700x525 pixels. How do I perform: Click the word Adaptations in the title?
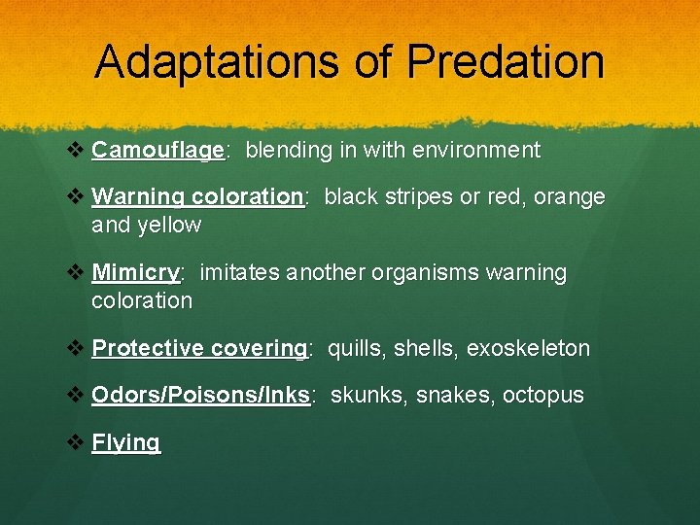pyautogui.click(x=217, y=61)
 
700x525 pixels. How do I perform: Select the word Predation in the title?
pyautogui.click(x=506, y=61)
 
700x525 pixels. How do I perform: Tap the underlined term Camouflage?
pyautogui.click(x=158, y=151)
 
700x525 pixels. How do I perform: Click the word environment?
pyautogui.click(x=476, y=151)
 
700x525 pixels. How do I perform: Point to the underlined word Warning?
pyautogui.click(x=138, y=197)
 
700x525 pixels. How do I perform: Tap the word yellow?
pyautogui.click(x=171, y=226)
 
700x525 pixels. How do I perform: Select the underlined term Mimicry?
pyautogui.click(x=136, y=274)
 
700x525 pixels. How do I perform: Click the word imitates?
pyautogui.click(x=239, y=274)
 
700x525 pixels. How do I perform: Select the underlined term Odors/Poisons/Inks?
pyautogui.click(x=200, y=396)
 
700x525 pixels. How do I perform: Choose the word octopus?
pyautogui.click(x=542, y=396)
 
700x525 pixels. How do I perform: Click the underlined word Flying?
pyautogui.click(x=125, y=443)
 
